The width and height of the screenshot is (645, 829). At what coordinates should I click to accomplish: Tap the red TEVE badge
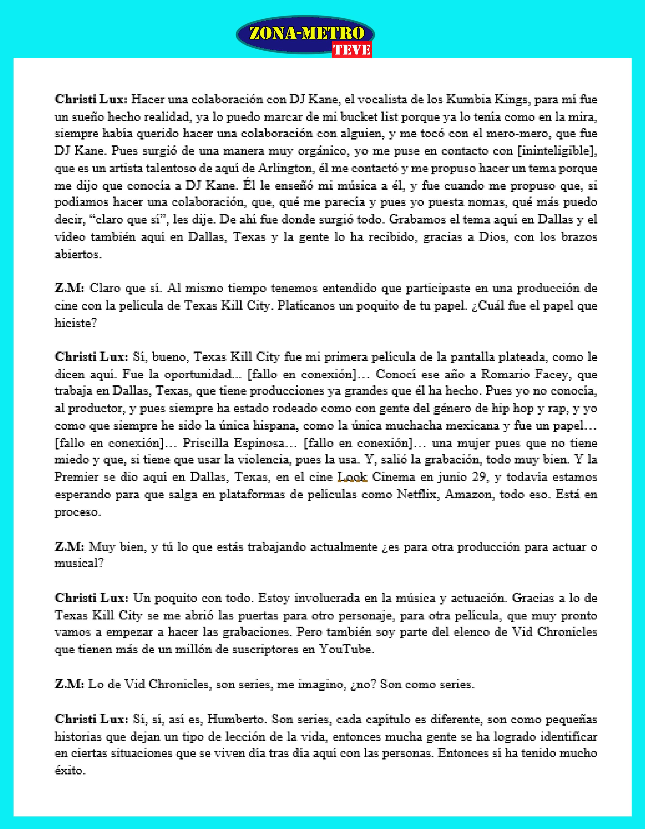(x=352, y=50)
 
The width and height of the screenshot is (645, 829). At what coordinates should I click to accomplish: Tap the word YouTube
(x=346, y=649)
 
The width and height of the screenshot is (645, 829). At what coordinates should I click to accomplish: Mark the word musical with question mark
(x=79, y=563)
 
